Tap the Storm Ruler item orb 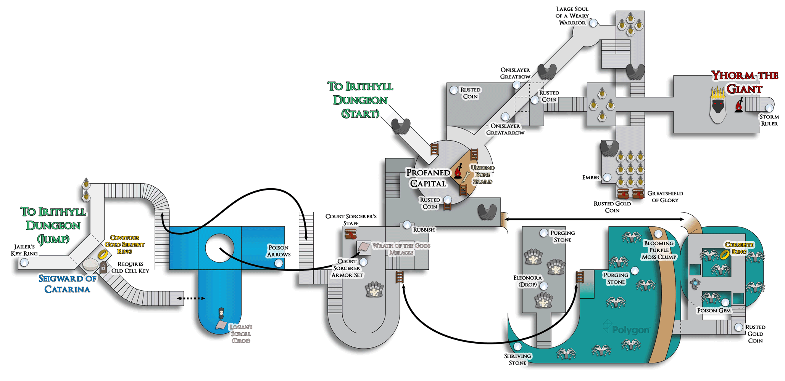[769, 108]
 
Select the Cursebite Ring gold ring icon [724, 254]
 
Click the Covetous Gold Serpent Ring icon [102, 254]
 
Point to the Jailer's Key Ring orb [24, 262]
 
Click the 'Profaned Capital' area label [428, 178]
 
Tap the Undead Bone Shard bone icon [466, 176]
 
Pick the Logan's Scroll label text [241, 334]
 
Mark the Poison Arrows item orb [279, 263]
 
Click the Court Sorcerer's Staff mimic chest [351, 234]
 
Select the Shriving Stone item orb [517, 346]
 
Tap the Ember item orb [607, 177]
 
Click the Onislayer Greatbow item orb [517, 85]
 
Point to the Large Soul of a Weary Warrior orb [593, 23]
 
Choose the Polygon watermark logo [626, 329]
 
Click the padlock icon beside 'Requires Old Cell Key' [103, 267]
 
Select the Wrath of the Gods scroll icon [364, 247]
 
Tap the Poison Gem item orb [725, 303]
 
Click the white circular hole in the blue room [219, 248]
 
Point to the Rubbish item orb [407, 224]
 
